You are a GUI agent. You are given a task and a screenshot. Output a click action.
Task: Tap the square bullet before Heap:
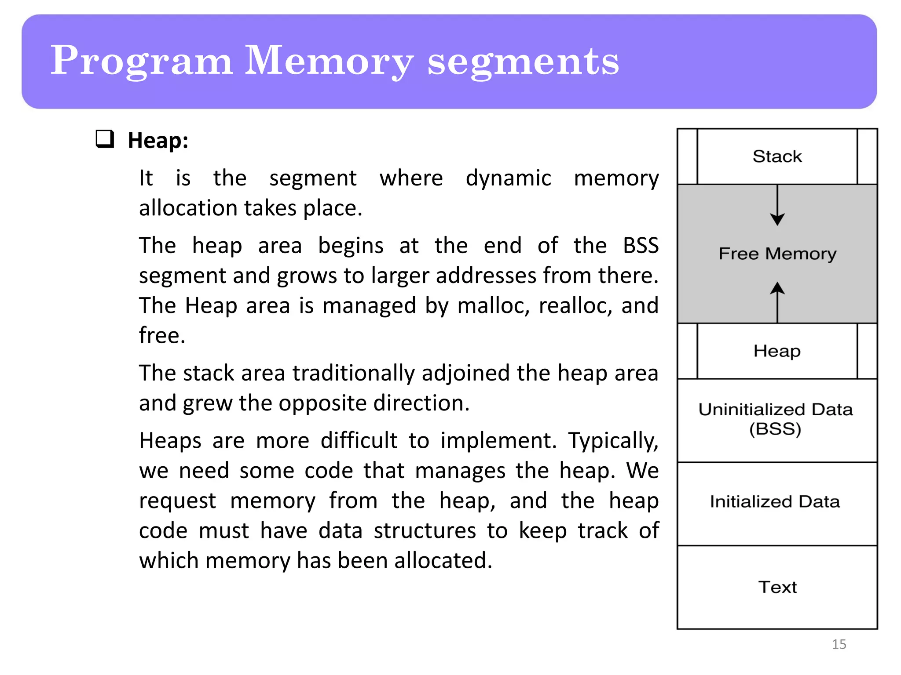105,139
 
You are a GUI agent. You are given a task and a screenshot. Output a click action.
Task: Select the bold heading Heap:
158,141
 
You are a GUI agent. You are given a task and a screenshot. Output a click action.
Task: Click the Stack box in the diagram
777,156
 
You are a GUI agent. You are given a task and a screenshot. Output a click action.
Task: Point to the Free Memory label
777,254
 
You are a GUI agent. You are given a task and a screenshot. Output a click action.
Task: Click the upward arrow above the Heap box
777,301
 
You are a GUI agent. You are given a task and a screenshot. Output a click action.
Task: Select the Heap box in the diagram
777,351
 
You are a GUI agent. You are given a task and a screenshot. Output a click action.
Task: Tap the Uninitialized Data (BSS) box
777,419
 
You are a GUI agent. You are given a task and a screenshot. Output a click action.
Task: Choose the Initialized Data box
777,502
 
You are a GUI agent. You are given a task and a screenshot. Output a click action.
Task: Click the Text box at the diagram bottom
777,587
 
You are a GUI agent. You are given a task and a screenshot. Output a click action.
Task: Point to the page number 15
839,644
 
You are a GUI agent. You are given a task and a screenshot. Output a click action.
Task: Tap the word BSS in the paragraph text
641,245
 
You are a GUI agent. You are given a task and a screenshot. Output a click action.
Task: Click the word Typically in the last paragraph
613,440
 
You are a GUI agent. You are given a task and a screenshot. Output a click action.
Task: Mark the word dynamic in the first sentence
508,178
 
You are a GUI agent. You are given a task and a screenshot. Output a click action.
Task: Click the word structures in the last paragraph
425,530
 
